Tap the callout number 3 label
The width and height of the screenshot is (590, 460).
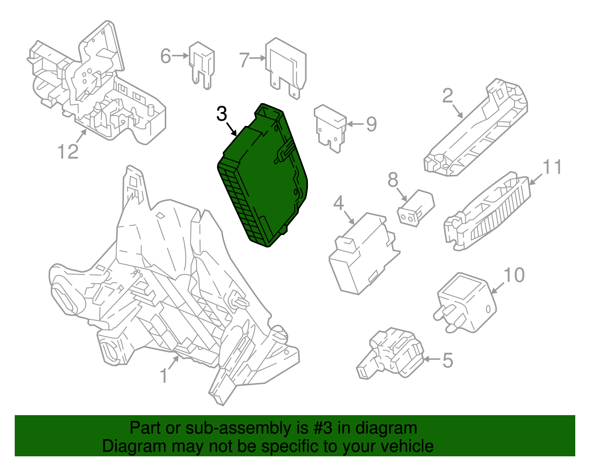tap(222, 114)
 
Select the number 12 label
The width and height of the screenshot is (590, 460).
tap(68, 151)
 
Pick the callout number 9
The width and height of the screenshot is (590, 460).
tap(371, 124)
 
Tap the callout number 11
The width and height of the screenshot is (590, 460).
tap(552, 167)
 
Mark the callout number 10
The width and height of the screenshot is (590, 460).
tap(514, 275)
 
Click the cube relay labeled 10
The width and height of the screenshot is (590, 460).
tap(466, 302)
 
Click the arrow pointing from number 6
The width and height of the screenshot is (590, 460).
tap(181, 56)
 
